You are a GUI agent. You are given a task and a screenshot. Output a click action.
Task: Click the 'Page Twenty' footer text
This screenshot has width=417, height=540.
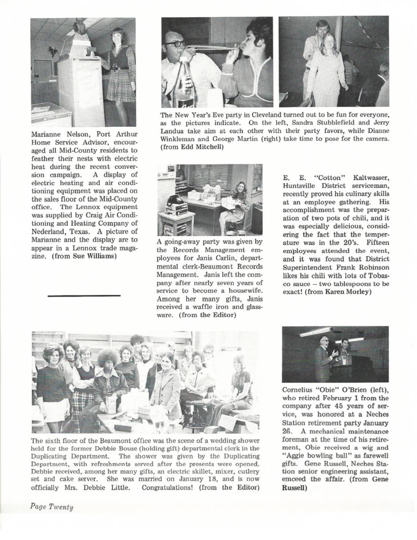52,507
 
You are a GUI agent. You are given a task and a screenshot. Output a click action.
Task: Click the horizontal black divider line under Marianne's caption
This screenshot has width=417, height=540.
84,295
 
